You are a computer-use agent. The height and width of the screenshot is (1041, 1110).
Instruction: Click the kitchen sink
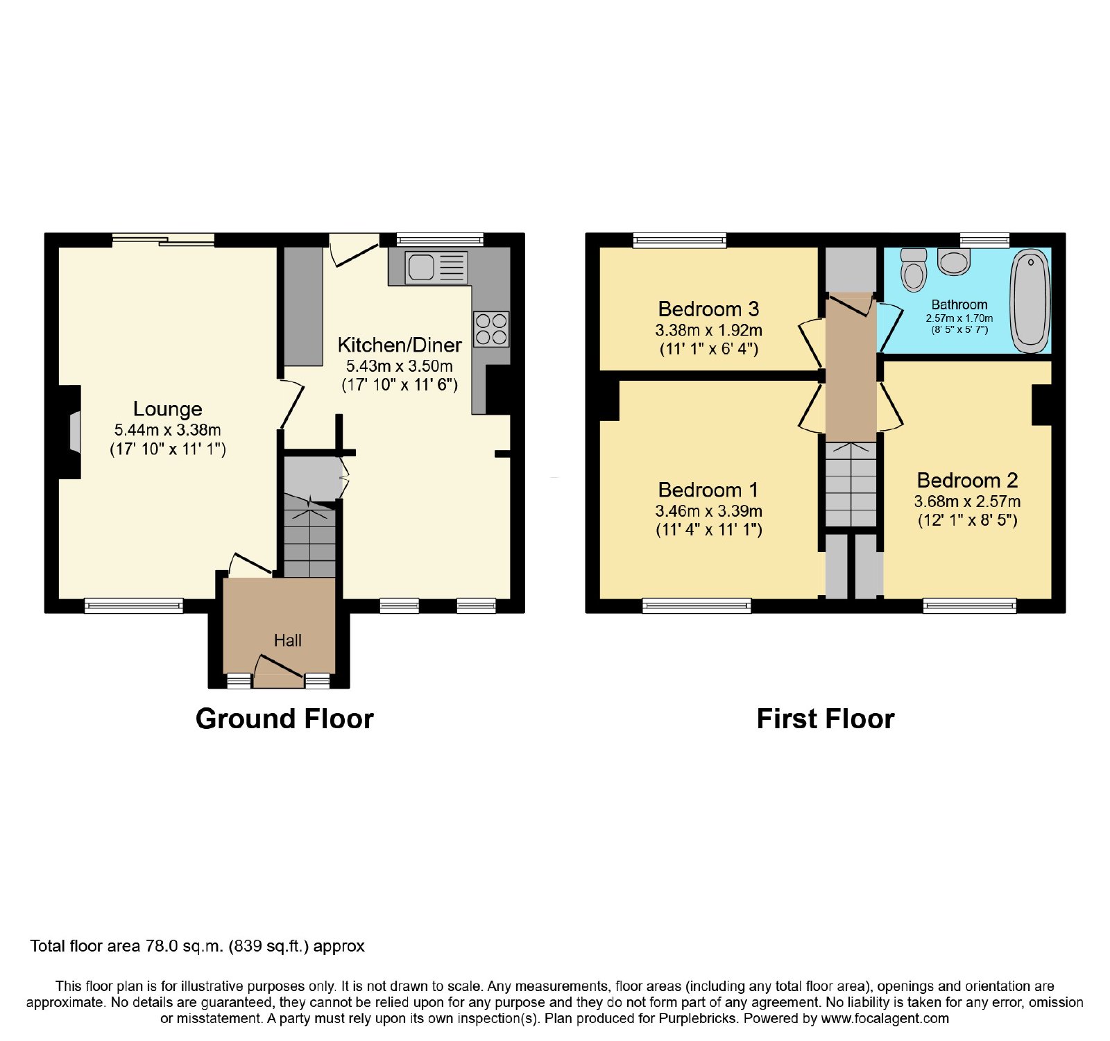(437, 267)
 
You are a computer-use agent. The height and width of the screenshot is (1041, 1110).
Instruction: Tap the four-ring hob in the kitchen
(491, 329)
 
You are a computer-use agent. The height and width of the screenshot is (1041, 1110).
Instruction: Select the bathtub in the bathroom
(1030, 302)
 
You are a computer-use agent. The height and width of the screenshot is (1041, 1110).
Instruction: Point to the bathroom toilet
(913, 270)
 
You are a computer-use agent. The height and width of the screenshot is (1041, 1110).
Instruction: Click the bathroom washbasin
(955, 261)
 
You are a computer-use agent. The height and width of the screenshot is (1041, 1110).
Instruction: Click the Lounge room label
(168, 408)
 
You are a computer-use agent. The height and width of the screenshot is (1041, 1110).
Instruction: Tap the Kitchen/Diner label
(400, 345)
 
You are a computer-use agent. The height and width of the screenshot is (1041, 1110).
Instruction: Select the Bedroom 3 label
(708, 309)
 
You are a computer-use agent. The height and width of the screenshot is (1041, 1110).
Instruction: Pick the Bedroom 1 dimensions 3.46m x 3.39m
(708, 511)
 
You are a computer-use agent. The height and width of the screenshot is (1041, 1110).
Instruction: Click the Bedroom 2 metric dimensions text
(967, 501)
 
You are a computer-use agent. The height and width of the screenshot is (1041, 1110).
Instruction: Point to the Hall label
(288, 640)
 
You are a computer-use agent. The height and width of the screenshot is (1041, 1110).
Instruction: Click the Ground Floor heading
(284, 719)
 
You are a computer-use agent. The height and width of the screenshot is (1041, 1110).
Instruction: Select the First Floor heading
(826, 719)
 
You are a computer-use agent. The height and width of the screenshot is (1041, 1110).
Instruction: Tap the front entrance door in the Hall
(279, 671)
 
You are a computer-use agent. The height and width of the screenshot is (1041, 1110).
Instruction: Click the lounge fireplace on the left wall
(74, 432)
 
